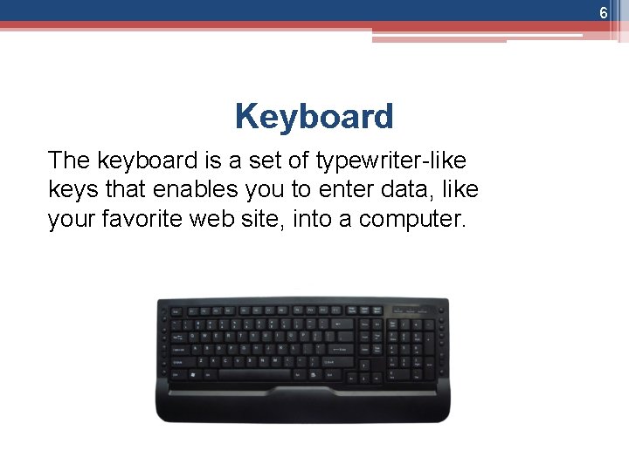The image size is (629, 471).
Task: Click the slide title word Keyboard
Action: pos(314,116)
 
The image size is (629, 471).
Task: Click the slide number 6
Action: pos(603,13)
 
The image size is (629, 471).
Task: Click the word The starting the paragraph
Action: pos(68,160)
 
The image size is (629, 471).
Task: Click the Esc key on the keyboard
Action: pos(176,311)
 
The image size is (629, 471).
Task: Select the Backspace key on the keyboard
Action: pos(344,324)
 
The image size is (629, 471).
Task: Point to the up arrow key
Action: pos(364,362)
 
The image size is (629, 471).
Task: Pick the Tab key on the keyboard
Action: pos(177,336)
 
